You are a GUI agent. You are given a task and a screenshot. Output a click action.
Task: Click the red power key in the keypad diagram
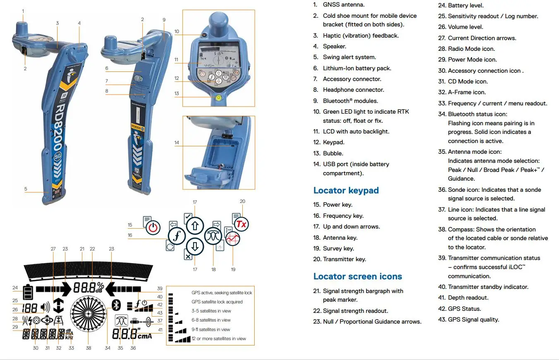pyautogui.click(x=153, y=227)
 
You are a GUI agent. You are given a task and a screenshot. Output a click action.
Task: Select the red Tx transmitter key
pyautogui.click(x=241, y=224)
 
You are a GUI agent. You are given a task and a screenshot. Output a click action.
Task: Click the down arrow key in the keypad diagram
pyautogui.click(x=195, y=246)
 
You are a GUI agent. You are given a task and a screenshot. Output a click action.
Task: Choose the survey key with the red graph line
pyautogui.click(x=233, y=239)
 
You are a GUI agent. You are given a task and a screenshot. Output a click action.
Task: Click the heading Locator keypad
pyautogui.click(x=346, y=191)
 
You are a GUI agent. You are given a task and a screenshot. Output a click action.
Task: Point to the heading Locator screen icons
pyautogui.click(x=357, y=277)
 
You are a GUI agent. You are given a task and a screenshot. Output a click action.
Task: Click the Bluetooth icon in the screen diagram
pyautogui.click(x=116, y=305)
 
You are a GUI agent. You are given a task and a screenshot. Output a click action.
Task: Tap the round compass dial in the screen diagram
pyautogui.click(x=88, y=314)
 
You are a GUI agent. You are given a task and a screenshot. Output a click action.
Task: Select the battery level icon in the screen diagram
pyautogui.click(x=28, y=292)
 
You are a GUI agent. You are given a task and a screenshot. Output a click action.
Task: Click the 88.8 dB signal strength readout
pyautogui.click(x=88, y=287)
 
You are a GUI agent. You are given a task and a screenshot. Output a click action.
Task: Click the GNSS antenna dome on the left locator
pyautogui.click(x=23, y=28)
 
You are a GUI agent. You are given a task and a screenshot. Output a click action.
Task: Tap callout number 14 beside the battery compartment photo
pyautogui.click(x=177, y=143)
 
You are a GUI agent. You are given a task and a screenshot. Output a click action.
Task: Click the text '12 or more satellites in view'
pyautogui.click(x=218, y=339)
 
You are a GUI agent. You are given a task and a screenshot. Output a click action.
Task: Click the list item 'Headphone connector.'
pyautogui.click(x=353, y=90)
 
